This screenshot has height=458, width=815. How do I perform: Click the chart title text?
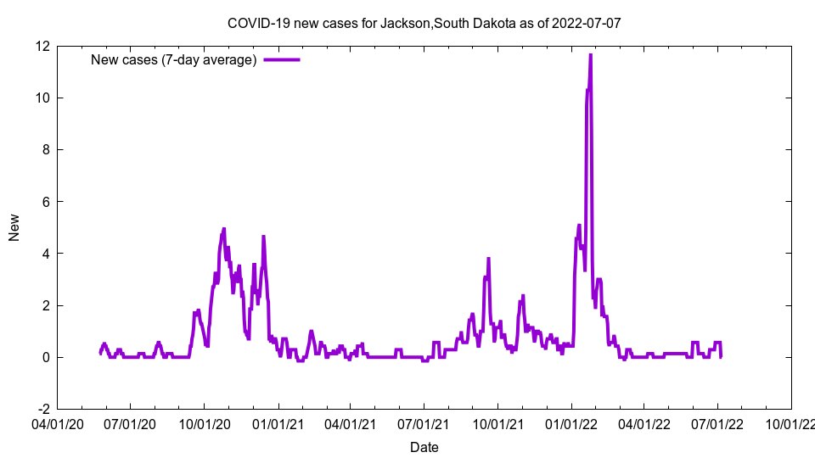coord(424,23)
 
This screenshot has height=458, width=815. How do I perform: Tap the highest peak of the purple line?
coord(590,55)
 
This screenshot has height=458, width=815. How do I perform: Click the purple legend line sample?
coord(282,59)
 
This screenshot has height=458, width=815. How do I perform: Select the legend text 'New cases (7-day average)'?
coord(174,59)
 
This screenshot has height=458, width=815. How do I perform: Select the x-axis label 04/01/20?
coord(57,422)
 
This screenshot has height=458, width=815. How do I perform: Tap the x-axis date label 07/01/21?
coord(424,422)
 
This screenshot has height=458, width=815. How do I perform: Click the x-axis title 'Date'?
coord(424,447)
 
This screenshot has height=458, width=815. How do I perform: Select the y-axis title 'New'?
coord(14,227)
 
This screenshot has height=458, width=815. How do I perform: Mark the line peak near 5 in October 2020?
coord(224,229)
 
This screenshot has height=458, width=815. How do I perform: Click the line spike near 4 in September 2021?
coord(488,259)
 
